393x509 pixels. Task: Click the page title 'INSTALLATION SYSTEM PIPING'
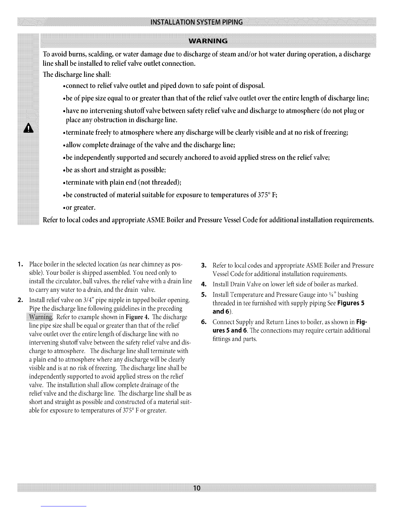coord(197,22)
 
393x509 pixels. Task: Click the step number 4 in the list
coord(203,284)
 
